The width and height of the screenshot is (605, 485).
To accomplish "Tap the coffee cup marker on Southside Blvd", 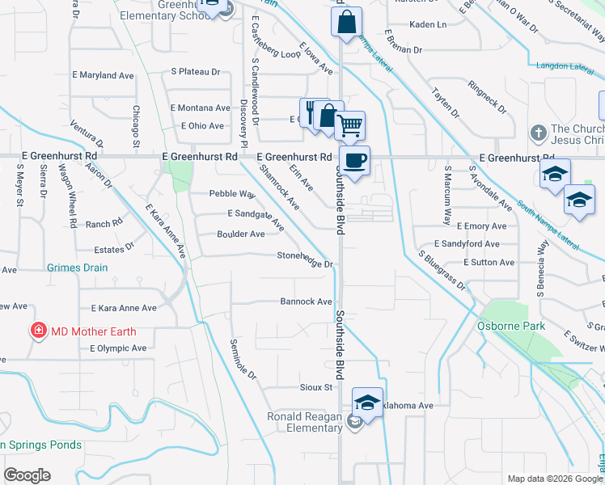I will [x=353, y=159].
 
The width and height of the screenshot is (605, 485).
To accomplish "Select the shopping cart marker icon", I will [x=350, y=125].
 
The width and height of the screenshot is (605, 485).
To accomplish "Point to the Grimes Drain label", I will [x=78, y=268].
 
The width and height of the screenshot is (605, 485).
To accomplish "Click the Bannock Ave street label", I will [x=306, y=302].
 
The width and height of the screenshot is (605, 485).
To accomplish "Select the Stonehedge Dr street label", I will [x=305, y=264].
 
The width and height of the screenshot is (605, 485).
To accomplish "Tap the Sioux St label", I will [x=316, y=387].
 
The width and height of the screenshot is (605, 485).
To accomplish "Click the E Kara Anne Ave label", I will [x=124, y=308].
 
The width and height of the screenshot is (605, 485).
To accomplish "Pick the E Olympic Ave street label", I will [x=116, y=348].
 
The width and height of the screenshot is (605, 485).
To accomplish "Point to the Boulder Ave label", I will [x=240, y=234].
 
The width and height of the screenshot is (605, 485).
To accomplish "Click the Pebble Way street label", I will [x=232, y=194].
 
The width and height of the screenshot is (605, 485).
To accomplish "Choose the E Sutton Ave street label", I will [x=489, y=263].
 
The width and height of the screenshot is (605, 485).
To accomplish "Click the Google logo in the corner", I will [x=27, y=475].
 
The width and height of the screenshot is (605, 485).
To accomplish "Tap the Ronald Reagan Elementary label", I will [x=305, y=422].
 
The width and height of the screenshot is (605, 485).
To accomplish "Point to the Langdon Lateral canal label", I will [x=564, y=65].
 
